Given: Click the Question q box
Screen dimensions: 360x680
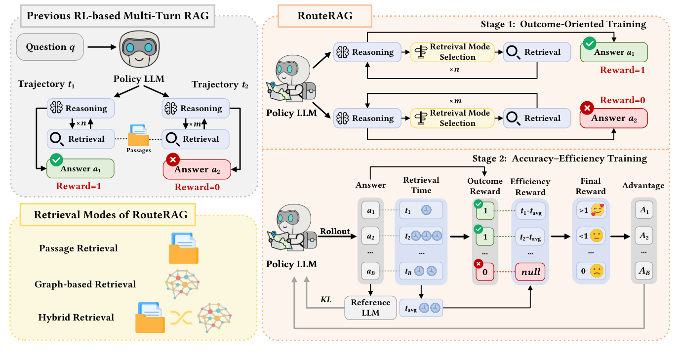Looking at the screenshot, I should [x=49, y=47].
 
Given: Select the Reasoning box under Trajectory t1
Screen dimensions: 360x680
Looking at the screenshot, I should [x=80, y=108].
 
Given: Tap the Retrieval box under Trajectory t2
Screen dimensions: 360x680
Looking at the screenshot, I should [x=196, y=139].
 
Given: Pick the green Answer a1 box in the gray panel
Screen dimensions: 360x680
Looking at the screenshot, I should [x=80, y=169].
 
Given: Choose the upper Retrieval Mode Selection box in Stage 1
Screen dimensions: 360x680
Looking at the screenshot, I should [x=452, y=52].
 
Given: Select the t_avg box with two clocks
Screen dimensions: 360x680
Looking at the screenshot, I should [x=421, y=308].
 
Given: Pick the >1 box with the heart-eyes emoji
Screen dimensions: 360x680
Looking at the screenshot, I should [x=592, y=210].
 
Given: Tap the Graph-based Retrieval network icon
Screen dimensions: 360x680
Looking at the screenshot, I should [x=183, y=284].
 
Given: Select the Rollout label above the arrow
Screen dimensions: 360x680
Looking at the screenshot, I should [x=335, y=231].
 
